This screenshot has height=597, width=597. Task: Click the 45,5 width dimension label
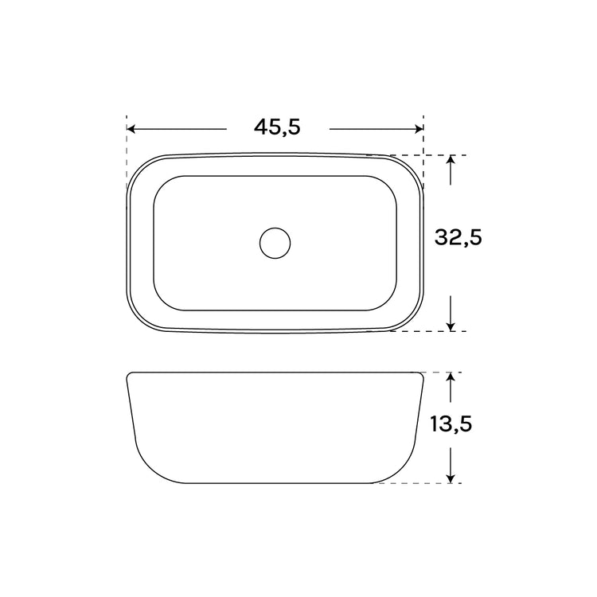(x=277, y=127)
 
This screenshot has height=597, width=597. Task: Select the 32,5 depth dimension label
(x=458, y=237)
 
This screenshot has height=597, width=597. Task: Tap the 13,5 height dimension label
(x=451, y=423)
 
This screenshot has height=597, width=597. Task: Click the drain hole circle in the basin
(x=275, y=243)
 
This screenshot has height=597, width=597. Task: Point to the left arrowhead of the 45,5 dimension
(x=131, y=129)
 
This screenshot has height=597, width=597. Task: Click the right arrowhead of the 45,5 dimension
(x=419, y=129)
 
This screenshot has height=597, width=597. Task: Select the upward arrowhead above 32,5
(x=451, y=159)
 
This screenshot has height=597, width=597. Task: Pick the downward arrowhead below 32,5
(x=451, y=326)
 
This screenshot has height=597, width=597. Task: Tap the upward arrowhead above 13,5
(x=451, y=377)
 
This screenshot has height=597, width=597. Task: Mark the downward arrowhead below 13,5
(x=451, y=478)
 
